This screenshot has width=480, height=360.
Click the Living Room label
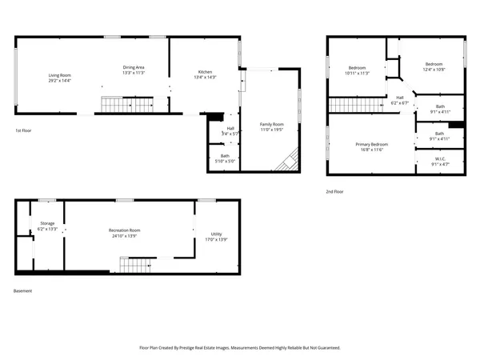[x=60, y=75]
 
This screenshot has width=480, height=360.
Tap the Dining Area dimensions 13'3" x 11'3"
[x=133, y=73]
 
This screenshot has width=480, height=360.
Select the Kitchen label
[x=206, y=73]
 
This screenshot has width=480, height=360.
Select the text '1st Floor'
[x=24, y=130]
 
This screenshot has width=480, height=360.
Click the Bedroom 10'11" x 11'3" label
[x=357, y=68]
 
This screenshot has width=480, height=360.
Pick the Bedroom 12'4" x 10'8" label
[x=434, y=64]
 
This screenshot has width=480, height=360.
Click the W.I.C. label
[x=440, y=159]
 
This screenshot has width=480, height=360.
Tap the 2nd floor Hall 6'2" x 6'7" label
[x=398, y=98]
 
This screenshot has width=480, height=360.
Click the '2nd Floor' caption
[x=334, y=192]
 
